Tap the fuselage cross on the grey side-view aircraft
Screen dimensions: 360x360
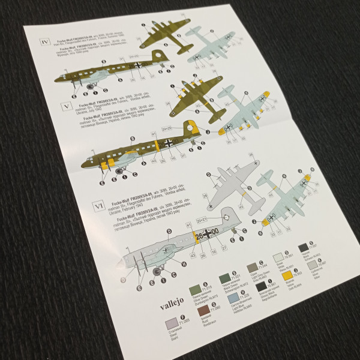tap(207, 233)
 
